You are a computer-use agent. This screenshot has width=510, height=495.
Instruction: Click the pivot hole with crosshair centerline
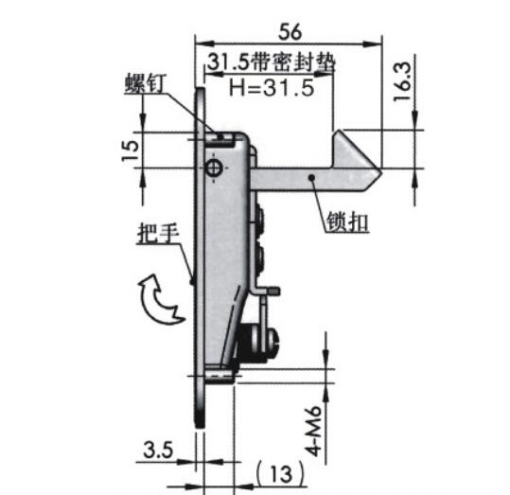[214, 168]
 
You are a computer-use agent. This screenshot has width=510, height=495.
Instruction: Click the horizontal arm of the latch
[293, 178]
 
